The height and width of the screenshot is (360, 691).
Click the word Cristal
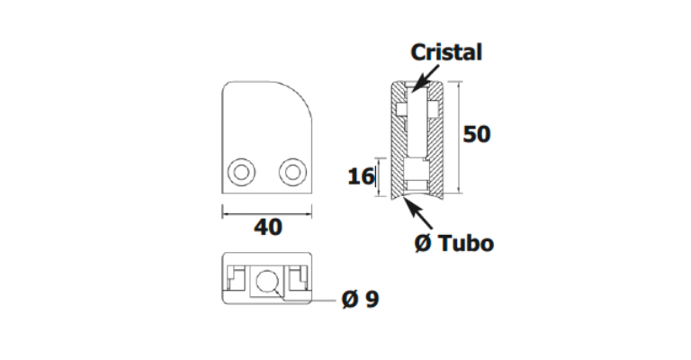click(x=447, y=52)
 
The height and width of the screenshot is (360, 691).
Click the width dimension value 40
click(x=267, y=227)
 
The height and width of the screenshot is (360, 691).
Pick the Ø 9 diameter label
click(x=359, y=298)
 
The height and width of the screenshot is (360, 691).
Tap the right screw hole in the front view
click(x=292, y=172)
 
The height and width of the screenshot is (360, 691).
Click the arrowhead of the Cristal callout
click(x=415, y=90)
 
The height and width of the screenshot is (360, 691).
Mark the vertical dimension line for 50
click(x=459, y=135)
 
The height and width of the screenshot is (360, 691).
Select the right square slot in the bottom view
click(x=298, y=280)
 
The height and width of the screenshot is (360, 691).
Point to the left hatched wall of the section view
click(x=396, y=153)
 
